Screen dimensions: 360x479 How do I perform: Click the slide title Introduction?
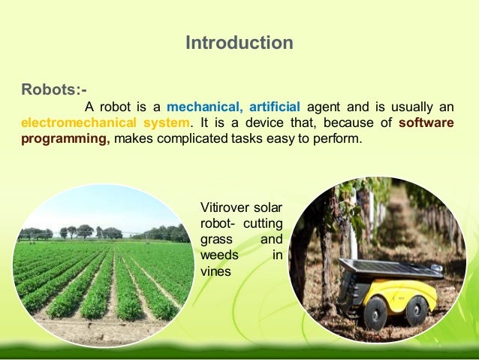pyautogui.click(x=239, y=43)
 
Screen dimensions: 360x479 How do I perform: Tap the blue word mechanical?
pyautogui.click(x=200, y=106)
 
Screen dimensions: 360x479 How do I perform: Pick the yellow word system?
pyautogui.click(x=166, y=123)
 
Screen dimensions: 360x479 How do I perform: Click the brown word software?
pyautogui.click(x=426, y=123)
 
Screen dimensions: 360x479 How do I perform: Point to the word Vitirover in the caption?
pyautogui.click(x=226, y=207)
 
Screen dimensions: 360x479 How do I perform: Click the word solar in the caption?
pyautogui.click(x=269, y=207)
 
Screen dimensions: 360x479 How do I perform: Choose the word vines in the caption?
pyautogui.click(x=216, y=272)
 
